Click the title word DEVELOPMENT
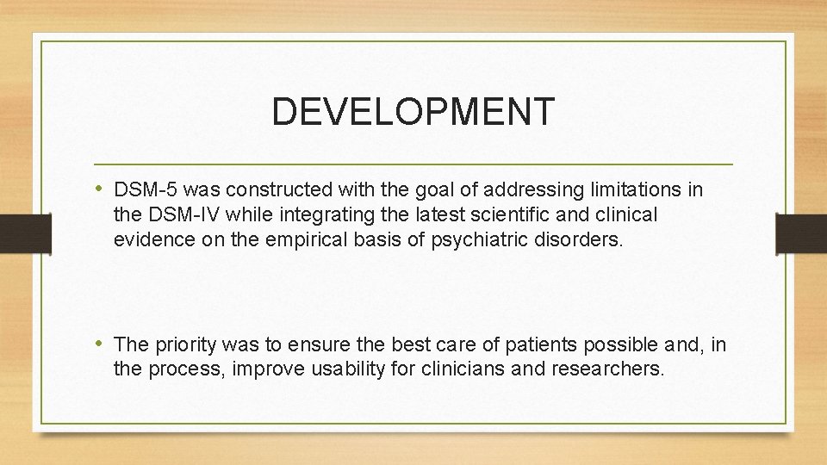tap(413, 112)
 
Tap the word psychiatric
tap(470, 239)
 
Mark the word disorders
tap(576, 239)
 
